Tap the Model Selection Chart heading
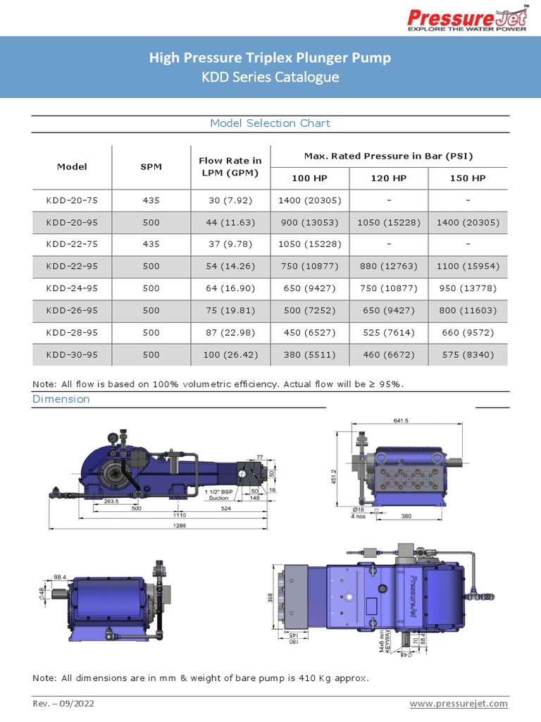[270, 123]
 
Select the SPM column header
[151, 167]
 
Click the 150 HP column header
[468, 178]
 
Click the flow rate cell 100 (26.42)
[230, 355]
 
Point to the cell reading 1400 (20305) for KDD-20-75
[309, 200]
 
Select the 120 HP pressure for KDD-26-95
[389, 310]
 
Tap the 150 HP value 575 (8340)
[468, 355]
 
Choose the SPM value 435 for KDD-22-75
[151, 245]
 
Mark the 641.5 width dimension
[402, 421]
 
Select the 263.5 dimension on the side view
[91, 502]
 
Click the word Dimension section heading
[61, 399]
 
